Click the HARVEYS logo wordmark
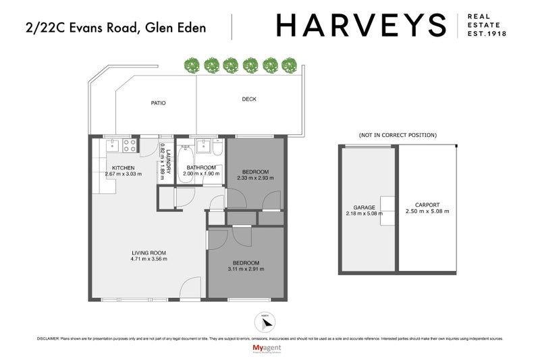(x=361, y=26)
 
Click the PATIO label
(x=158, y=103)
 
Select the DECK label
(x=249, y=99)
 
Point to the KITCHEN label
(x=124, y=168)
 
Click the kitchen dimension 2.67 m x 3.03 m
(x=124, y=174)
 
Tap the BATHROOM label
(x=201, y=168)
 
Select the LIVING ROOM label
(x=148, y=253)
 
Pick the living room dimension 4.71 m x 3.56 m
(x=148, y=259)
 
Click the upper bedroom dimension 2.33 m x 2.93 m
(x=254, y=178)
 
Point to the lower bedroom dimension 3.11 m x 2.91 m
(x=246, y=269)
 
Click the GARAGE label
(x=364, y=208)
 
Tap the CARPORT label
(x=428, y=205)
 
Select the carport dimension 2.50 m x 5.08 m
(x=428, y=211)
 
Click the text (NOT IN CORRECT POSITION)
(x=398, y=135)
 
